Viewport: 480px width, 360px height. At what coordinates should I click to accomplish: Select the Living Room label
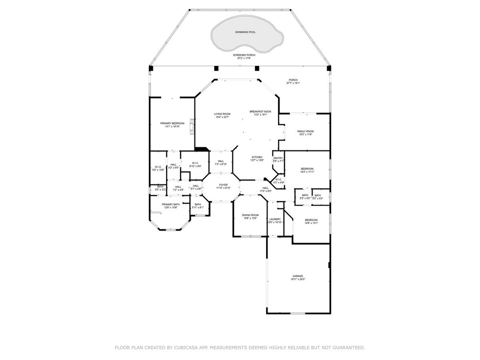click(222, 114)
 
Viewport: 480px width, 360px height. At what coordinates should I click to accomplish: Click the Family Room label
click(305, 131)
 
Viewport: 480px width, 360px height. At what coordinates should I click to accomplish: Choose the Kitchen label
click(257, 157)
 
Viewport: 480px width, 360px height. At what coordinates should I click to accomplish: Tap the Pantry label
click(278, 158)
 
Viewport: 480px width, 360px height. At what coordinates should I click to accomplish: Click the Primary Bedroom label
click(172, 123)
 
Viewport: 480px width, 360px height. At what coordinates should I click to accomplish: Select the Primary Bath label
click(170, 204)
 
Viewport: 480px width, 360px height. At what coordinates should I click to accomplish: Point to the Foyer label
click(223, 185)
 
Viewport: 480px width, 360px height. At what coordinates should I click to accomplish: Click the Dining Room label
click(250, 215)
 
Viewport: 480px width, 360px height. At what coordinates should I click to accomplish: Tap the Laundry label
click(275, 219)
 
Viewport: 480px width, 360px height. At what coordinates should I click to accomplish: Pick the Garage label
click(298, 276)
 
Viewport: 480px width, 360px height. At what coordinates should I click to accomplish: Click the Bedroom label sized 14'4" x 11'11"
click(307, 169)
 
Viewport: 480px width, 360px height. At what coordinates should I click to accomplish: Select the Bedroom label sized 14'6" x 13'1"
click(311, 220)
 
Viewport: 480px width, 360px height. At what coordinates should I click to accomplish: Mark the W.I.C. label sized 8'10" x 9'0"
click(194, 163)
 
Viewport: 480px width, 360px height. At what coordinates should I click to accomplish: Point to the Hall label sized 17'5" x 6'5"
click(265, 188)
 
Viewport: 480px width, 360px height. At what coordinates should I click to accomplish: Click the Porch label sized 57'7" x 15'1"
click(292, 80)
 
